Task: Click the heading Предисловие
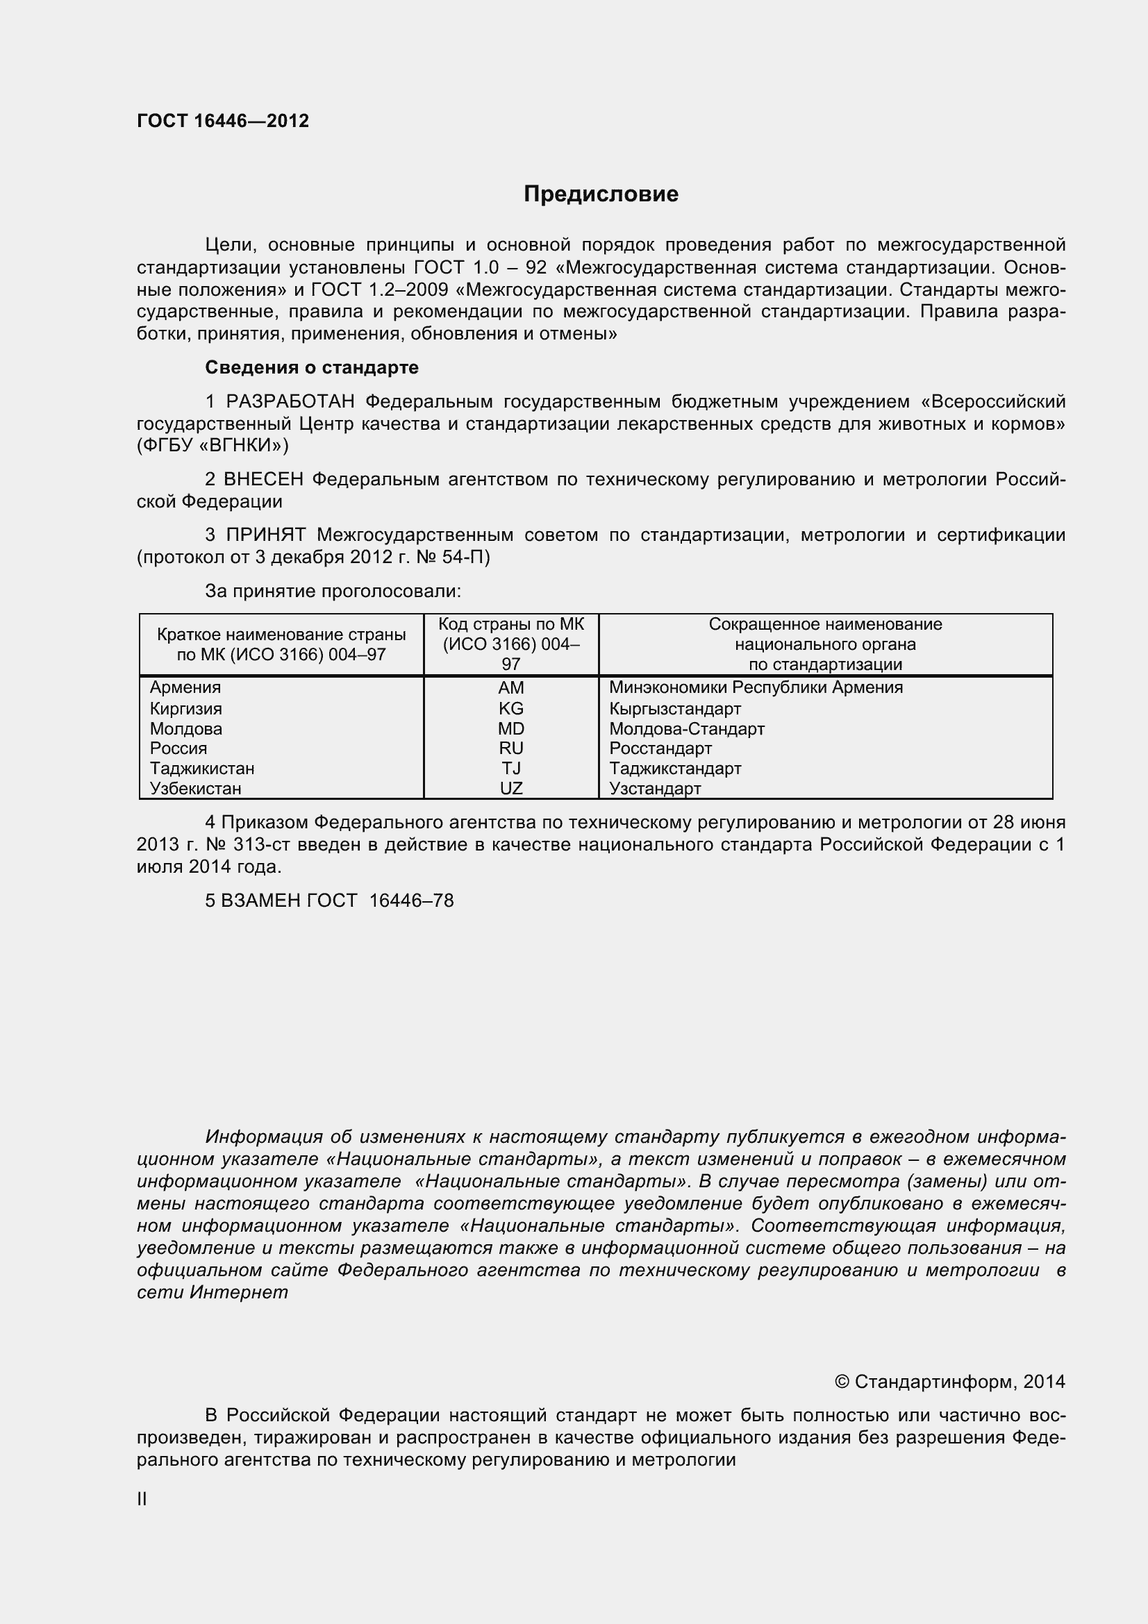tap(601, 194)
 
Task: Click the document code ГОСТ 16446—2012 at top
tap(223, 121)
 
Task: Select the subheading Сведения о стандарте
tap(311, 367)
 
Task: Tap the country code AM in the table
tap(510, 687)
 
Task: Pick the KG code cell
tap(510, 709)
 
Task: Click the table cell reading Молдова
tap(186, 728)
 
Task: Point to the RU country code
tap(510, 748)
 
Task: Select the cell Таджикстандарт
tap(675, 768)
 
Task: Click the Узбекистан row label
tap(195, 788)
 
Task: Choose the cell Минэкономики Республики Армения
tap(756, 687)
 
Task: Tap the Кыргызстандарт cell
tap(675, 709)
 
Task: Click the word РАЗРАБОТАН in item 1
tap(290, 402)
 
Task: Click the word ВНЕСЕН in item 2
tap(263, 480)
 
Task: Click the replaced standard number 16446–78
tap(411, 901)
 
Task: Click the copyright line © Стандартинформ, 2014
tap(949, 1382)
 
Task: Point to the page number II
tap(142, 1499)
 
